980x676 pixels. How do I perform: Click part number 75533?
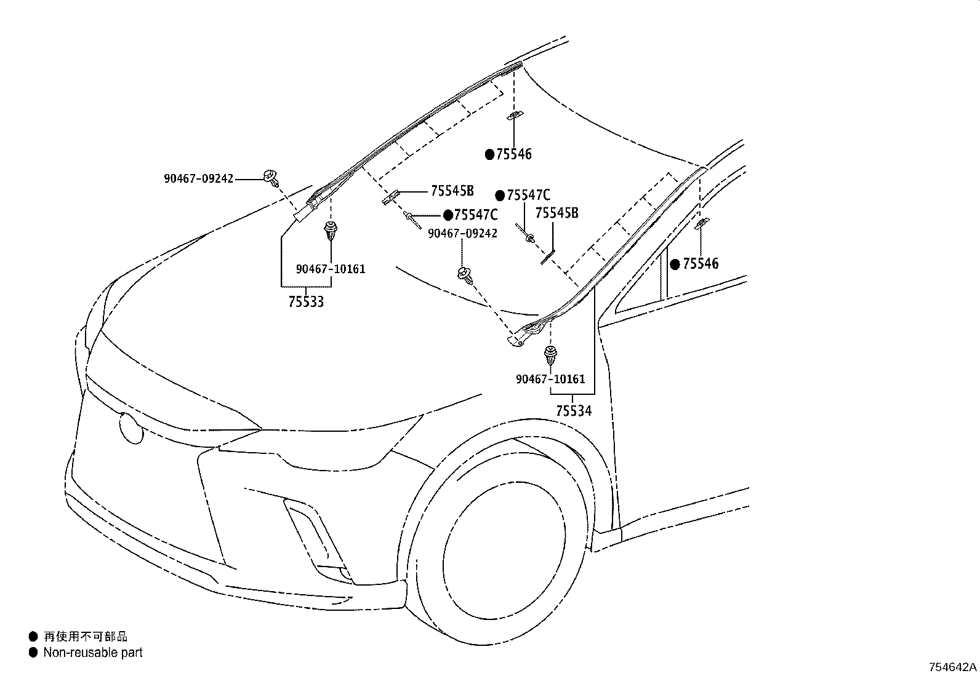click(x=306, y=301)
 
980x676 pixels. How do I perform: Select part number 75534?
click(x=573, y=410)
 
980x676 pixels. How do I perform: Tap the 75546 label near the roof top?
click(x=513, y=154)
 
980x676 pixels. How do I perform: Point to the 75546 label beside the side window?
click(x=701, y=264)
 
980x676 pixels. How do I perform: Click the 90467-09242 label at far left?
click(x=198, y=179)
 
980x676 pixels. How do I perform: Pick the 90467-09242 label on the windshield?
click(x=463, y=234)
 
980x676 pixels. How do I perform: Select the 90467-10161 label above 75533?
click(x=331, y=269)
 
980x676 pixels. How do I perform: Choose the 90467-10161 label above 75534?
click(x=550, y=380)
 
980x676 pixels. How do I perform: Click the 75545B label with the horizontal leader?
click(x=452, y=191)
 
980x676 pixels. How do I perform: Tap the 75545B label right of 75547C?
click(x=556, y=213)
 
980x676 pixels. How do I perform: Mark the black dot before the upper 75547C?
click(x=500, y=196)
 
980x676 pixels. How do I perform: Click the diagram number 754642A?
click(x=953, y=667)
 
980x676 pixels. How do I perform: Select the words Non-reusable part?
click(x=92, y=653)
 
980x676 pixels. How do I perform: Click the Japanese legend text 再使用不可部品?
click(x=86, y=637)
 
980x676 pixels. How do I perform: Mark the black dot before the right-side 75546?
click(x=675, y=264)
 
